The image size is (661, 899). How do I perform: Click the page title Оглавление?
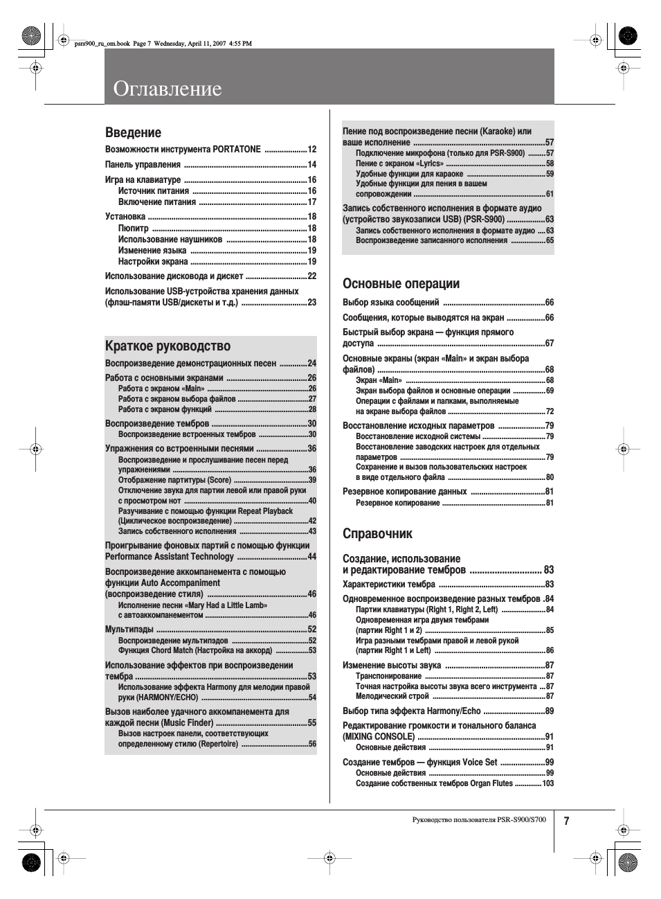[167, 89]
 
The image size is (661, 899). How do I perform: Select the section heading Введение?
[133, 132]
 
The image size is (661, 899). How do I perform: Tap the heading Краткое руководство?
[167, 346]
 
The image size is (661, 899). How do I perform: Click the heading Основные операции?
[401, 283]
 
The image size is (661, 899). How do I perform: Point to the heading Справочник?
[377, 533]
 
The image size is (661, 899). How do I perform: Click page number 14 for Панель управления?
[311, 165]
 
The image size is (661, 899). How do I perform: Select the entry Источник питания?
[154, 191]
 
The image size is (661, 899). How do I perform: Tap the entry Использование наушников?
[170, 240]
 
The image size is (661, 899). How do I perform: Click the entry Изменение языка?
[152, 251]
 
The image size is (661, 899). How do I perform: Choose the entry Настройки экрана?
[153, 262]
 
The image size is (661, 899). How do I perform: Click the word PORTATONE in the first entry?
[237, 150]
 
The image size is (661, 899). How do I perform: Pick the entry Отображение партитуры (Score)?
[174, 480]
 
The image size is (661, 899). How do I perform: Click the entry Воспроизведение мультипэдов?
[173, 641]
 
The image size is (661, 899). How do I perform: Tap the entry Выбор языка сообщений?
[390, 303]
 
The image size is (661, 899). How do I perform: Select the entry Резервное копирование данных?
[405, 492]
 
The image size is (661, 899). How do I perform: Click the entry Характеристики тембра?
[389, 585]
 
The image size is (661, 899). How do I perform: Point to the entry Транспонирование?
[388, 676]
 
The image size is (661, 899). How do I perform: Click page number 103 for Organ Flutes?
[547, 783]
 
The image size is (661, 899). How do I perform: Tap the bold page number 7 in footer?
[566, 821]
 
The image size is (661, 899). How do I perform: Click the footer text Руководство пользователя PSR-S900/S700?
[478, 820]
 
